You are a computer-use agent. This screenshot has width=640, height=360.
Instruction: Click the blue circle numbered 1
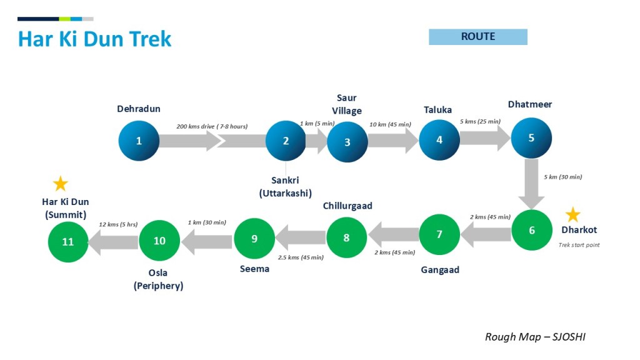click(139, 141)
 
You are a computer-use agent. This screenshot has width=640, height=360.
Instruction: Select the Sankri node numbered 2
click(286, 141)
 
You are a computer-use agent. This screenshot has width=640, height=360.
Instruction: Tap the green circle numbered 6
click(532, 230)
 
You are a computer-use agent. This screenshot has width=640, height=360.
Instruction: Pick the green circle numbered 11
click(68, 242)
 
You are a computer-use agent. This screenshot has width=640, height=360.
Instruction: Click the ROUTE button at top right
click(478, 37)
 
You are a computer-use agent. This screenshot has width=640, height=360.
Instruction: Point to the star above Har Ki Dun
click(60, 184)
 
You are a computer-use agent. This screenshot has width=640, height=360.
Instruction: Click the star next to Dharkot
click(572, 215)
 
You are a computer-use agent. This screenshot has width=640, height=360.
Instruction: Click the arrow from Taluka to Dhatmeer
click(485, 139)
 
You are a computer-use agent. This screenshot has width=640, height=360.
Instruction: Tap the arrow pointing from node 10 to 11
click(112, 241)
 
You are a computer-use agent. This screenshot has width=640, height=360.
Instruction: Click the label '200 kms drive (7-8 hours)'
click(212, 126)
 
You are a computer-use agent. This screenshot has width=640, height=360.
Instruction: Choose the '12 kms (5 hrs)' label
click(118, 224)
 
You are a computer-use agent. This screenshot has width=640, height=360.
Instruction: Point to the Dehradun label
click(139, 109)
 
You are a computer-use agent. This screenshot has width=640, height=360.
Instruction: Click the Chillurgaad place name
click(347, 206)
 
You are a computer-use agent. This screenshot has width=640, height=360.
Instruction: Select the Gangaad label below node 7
click(439, 270)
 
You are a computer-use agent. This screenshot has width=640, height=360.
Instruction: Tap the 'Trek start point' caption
click(579, 245)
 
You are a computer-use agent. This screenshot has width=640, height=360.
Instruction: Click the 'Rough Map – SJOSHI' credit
click(535, 337)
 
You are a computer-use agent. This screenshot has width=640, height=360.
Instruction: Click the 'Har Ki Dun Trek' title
click(94, 39)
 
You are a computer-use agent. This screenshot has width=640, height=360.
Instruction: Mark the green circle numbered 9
click(254, 238)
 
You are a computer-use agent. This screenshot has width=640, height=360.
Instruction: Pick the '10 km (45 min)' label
click(390, 124)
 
